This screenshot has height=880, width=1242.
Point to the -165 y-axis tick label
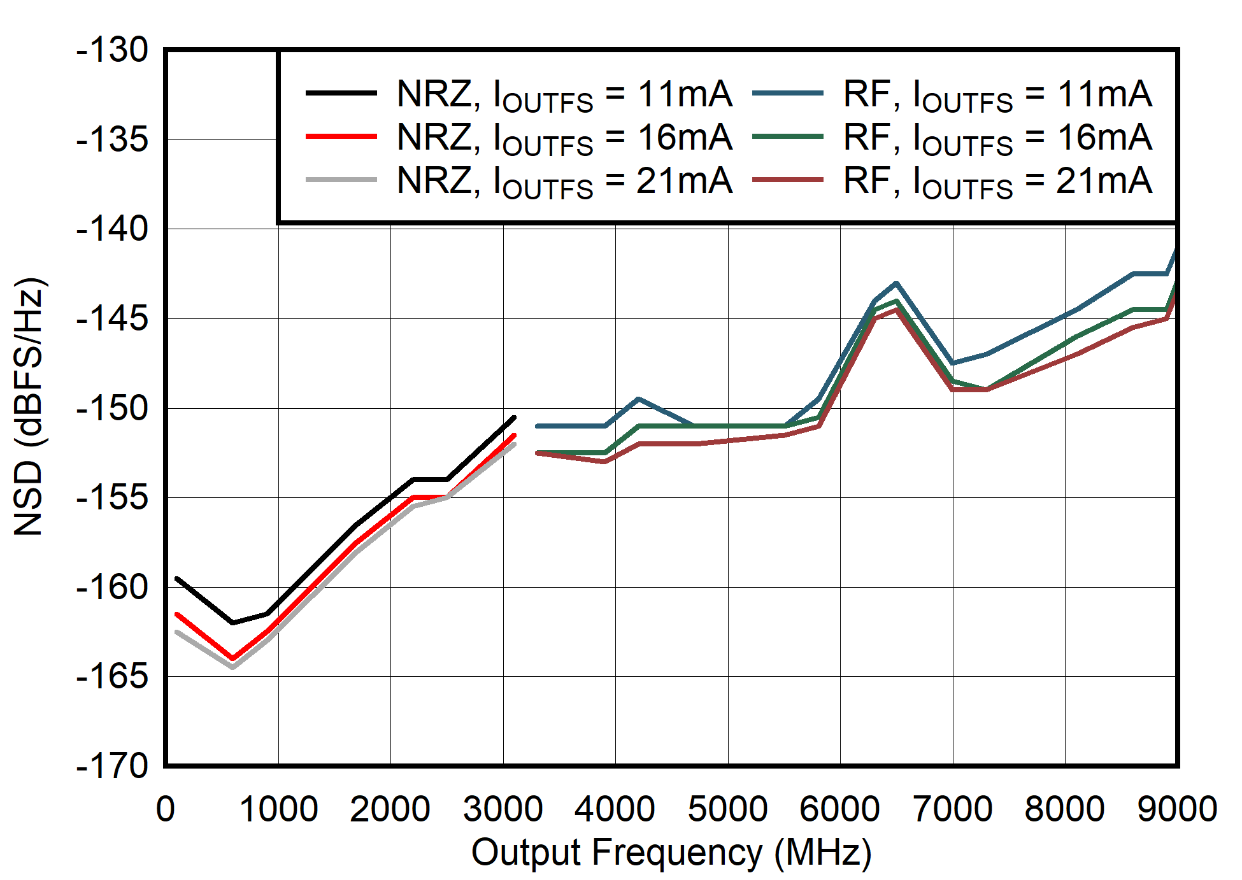tap(112, 676)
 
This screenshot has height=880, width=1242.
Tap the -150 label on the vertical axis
tap(112, 408)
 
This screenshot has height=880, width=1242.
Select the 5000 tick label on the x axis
tap(727, 809)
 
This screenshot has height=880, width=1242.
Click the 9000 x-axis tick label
tap(1177, 809)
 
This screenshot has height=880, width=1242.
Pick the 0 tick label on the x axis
tap(166, 809)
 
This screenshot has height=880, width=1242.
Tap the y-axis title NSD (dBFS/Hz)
tap(29, 408)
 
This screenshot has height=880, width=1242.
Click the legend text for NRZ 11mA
tap(564, 95)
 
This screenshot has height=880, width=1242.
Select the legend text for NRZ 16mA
tap(564, 138)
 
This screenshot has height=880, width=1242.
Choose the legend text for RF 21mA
tap(997, 181)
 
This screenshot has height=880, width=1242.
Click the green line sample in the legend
tap(787, 136)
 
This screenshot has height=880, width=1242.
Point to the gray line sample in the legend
tap(341, 180)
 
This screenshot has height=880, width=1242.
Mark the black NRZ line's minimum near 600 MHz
tap(232, 623)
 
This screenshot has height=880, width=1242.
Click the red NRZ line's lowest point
tap(232, 658)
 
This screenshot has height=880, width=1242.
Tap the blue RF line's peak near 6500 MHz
tap(896, 283)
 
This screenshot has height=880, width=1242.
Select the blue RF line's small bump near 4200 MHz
tap(638, 399)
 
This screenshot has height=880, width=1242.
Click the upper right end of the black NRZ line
tap(514, 418)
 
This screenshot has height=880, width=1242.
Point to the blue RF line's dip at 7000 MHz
tap(952, 363)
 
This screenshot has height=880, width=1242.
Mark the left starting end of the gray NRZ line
tap(177, 632)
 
